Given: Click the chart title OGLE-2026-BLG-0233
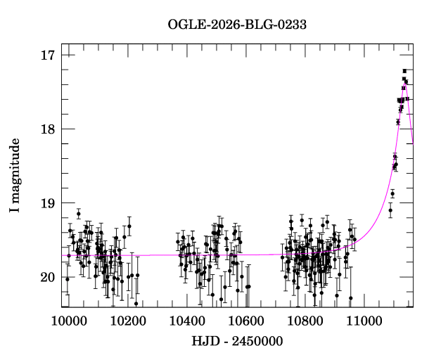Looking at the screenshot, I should coord(237,25).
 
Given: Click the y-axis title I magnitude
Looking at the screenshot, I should coord(15,176).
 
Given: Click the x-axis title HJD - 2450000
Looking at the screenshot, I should coord(236,342).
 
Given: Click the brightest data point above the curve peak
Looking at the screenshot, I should coord(404,71).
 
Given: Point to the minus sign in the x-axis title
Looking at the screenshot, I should coord(224,342).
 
